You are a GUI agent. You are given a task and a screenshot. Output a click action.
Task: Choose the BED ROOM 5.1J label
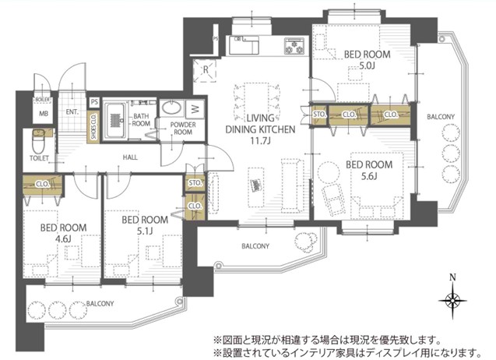coord(144,226)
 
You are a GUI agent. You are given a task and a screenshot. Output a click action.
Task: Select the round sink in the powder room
coord(174,109)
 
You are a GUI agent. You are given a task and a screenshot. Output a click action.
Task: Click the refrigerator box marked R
coord(205,69)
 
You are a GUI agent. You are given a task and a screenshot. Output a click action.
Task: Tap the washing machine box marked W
coord(195,108)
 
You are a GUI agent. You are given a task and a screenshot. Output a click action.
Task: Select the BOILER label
coord(43,100)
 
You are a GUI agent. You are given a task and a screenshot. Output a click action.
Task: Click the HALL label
coord(130,157)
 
